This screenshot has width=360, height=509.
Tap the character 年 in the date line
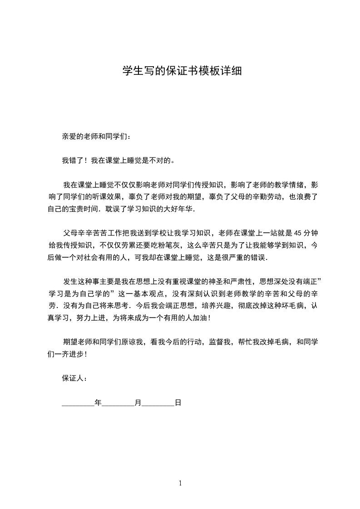pos(99,402)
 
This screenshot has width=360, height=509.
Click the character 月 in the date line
pos(138,402)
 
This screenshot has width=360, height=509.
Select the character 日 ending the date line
pos(178,402)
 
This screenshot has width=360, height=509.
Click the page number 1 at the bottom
pos(180,483)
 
